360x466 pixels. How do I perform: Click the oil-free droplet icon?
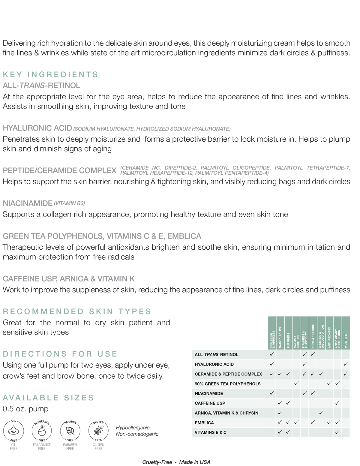click(x=13, y=431)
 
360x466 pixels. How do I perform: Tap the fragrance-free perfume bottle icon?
click(x=42, y=431)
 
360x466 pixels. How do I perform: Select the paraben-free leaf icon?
click(x=70, y=431)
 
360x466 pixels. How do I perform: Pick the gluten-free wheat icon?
click(x=98, y=431)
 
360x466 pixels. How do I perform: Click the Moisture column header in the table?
click(x=346, y=333)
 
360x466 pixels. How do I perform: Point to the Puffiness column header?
click(x=288, y=333)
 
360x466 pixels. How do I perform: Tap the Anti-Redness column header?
click(x=329, y=333)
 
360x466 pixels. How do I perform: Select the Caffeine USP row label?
click(x=210, y=403)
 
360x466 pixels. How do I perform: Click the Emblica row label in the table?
click(x=204, y=423)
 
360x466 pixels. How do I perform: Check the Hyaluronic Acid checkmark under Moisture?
click(x=346, y=364)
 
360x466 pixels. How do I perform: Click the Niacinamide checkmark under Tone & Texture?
click(x=313, y=393)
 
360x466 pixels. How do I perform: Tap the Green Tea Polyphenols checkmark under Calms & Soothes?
click(x=296, y=383)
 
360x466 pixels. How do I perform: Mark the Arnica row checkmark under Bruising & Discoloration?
click(x=321, y=413)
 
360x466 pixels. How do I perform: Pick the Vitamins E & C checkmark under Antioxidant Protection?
click(x=337, y=432)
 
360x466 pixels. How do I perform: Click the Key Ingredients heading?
click(x=51, y=74)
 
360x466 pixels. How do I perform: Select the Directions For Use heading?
click(x=60, y=354)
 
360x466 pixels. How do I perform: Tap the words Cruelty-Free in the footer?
click(x=157, y=462)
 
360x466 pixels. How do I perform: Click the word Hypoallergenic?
click(x=133, y=428)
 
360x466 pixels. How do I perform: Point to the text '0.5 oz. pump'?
click(x=25, y=409)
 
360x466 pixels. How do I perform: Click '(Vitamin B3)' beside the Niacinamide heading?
click(x=69, y=203)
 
